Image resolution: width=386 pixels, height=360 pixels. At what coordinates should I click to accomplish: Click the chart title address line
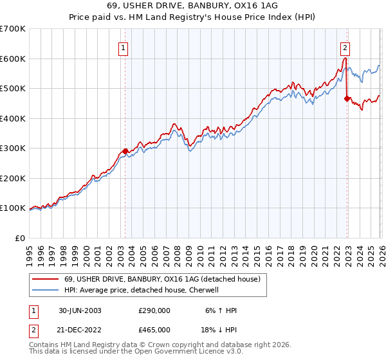(x=193, y=6)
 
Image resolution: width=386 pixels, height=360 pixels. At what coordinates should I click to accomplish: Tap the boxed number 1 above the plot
(x=123, y=47)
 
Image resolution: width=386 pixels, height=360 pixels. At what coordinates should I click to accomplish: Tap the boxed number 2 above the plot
(x=345, y=47)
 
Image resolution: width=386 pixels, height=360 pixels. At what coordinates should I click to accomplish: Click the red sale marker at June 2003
(x=125, y=152)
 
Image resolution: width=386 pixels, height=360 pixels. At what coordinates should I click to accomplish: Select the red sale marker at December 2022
(x=347, y=99)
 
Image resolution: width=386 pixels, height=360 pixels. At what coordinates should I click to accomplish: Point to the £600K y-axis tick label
(x=13, y=59)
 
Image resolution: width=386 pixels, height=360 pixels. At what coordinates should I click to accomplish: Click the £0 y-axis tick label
(x=20, y=238)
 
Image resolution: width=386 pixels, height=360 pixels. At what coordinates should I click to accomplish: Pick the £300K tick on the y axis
(x=13, y=148)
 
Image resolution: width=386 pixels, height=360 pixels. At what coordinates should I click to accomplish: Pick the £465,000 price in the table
(x=154, y=328)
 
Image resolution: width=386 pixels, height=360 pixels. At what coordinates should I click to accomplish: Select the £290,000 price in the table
(x=154, y=310)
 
